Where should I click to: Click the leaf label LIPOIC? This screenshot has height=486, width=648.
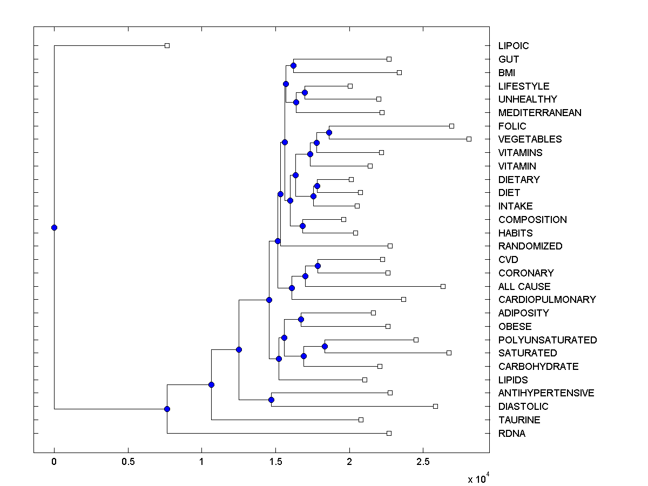(514, 46)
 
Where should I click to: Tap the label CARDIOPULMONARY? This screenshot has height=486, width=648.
(547, 300)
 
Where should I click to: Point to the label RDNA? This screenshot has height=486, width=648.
(512, 434)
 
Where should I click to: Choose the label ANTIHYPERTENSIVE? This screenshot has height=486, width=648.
(546, 393)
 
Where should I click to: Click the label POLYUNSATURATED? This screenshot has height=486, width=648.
(548, 340)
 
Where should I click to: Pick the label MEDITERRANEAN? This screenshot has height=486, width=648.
(540, 113)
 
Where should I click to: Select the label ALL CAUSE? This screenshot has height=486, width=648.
(524, 287)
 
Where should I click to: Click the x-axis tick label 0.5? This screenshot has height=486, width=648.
(128, 462)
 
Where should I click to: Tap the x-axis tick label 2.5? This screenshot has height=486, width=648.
(423, 462)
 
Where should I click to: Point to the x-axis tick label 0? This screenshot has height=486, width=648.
(54, 462)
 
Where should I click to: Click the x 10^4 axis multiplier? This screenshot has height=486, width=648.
(478, 478)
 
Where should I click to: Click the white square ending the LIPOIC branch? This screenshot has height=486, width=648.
(167, 45)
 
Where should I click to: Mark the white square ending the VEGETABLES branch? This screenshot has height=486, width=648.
(469, 139)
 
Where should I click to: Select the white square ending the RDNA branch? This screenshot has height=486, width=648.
(389, 433)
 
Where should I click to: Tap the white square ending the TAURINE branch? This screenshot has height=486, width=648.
(361, 420)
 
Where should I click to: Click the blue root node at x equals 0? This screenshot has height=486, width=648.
(54, 227)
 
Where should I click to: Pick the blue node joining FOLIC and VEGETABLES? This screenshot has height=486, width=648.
(329, 132)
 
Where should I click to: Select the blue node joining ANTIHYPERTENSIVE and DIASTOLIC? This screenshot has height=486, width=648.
(271, 400)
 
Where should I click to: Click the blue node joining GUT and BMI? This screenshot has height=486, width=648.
(293, 65)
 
